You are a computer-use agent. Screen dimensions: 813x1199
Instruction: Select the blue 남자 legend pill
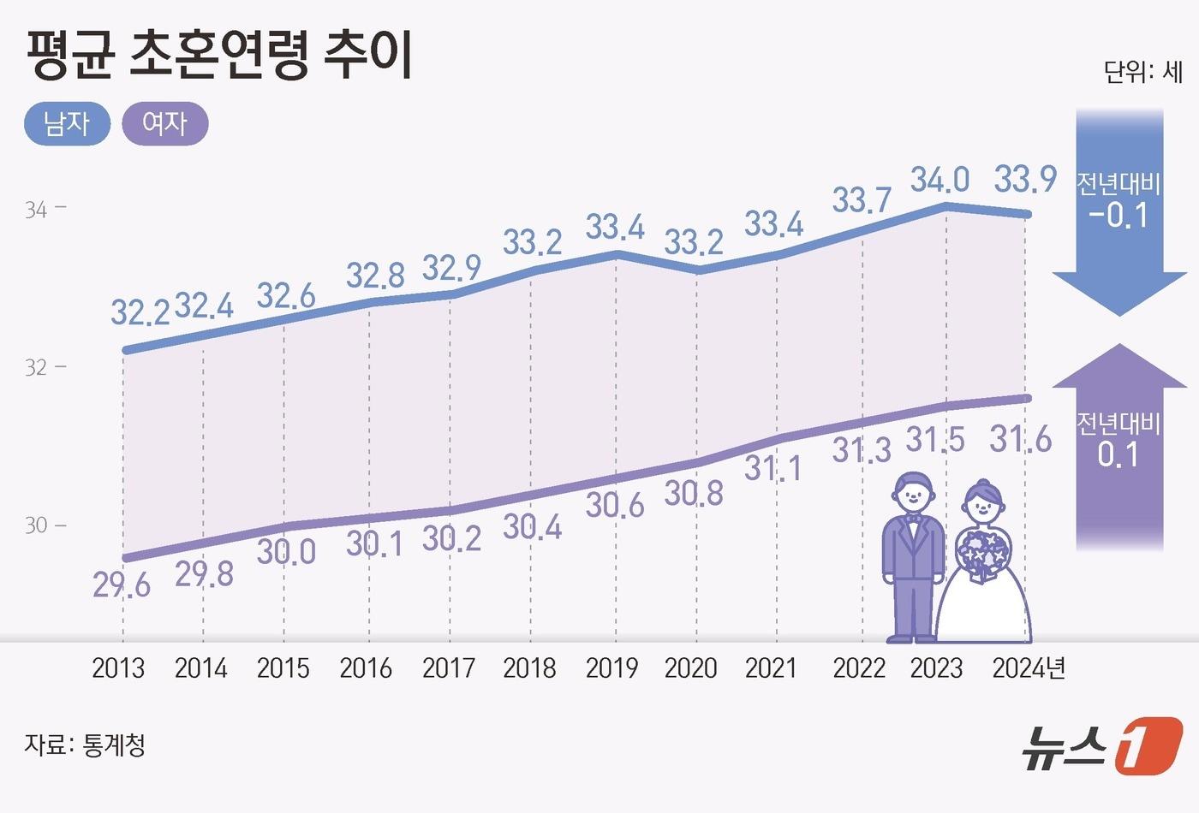[67, 124]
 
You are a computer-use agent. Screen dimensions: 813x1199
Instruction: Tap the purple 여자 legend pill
[165, 124]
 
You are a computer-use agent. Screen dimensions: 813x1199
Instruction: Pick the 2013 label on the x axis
[118, 668]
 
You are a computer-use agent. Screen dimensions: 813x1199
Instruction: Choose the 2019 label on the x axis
[611, 668]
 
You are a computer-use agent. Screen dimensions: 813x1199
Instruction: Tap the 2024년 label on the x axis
[1029, 668]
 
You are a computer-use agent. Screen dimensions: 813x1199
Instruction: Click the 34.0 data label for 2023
[940, 181]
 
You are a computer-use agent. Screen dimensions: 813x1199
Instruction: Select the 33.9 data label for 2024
[1025, 181]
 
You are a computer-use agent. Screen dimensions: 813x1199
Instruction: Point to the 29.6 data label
[122, 586]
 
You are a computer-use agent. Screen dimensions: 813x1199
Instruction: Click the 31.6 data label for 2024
[1021, 440]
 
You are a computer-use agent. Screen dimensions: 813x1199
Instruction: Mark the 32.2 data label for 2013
[140, 313]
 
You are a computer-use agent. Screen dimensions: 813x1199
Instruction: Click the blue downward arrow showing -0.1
[1118, 214]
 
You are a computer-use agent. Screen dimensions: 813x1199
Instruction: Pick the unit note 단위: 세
[1142, 72]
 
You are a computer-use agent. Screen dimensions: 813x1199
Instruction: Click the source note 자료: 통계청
[85, 745]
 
